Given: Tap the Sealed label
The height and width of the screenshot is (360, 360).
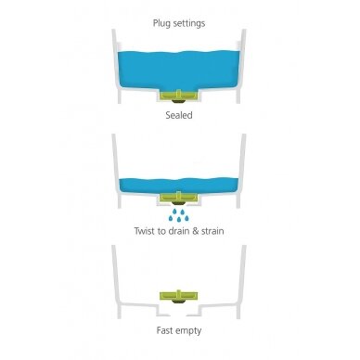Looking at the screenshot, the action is click(x=179, y=115).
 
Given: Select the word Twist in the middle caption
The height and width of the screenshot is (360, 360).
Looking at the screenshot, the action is click(x=145, y=231).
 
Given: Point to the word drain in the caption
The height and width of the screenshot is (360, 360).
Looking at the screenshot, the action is click(x=179, y=231).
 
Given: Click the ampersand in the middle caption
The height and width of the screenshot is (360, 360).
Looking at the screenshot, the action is click(x=195, y=231).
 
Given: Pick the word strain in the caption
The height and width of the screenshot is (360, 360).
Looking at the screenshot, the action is click(x=212, y=231).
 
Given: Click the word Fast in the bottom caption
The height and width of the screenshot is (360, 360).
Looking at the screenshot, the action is click(x=165, y=330).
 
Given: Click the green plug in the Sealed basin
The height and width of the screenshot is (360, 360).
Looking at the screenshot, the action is click(x=179, y=96).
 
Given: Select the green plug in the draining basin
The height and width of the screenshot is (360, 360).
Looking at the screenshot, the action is click(x=178, y=197).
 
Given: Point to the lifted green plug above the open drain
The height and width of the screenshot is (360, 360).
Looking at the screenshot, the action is click(x=179, y=296).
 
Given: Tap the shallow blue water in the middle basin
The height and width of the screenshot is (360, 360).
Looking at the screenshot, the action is click(x=178, y=186).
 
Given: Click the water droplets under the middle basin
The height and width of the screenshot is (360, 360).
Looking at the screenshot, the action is click(x=179, y=215).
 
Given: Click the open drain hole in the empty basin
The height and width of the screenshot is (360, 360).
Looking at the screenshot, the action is click(x=178, y=315).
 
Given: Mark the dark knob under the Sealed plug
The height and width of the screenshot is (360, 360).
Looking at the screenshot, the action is click(x=179, y=101).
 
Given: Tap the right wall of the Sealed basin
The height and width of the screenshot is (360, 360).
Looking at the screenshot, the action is click(x=241, y=66).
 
